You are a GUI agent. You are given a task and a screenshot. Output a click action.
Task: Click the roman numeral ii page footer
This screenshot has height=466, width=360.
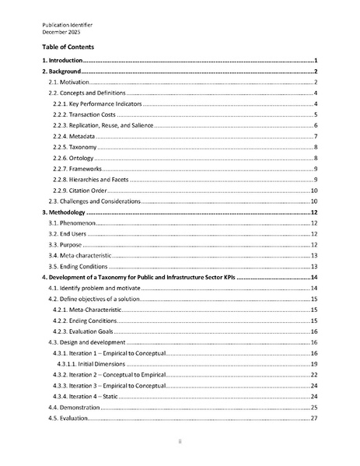click(x=180, y=441)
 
